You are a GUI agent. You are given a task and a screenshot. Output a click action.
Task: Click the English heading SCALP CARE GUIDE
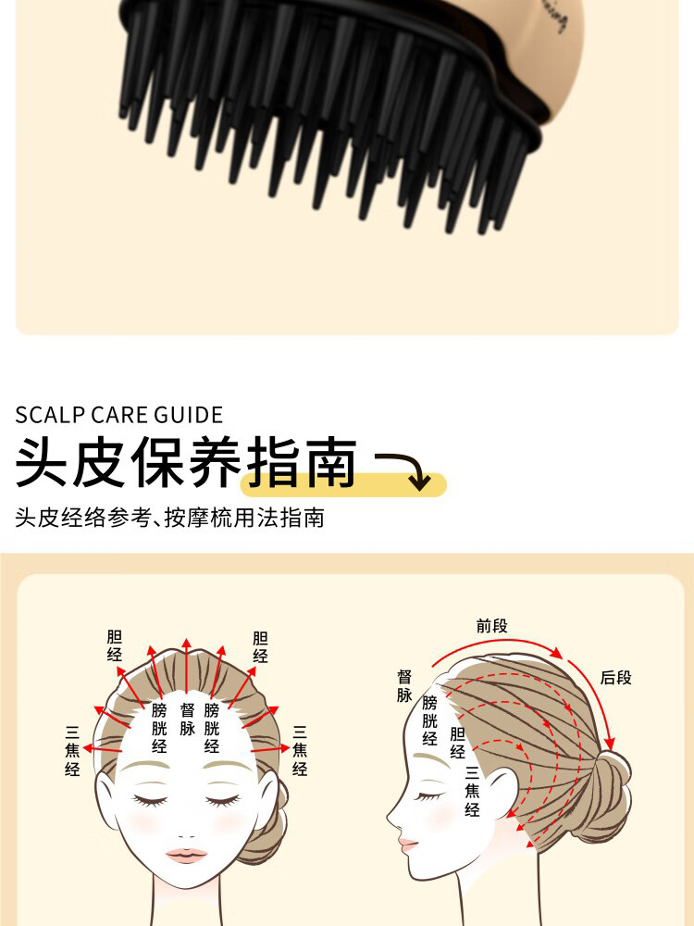[x=119, y=414]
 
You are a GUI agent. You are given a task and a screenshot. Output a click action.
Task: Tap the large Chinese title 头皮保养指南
[x=186, y=463]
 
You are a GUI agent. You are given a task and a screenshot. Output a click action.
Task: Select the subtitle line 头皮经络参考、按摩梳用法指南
[x=169, y=518]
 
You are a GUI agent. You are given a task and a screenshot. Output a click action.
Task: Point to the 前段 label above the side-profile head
[x=492, y=626]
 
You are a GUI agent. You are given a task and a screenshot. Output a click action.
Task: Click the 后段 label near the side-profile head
[x=615, y=678]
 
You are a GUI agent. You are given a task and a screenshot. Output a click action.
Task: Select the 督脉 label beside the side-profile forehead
[x=404, y=686]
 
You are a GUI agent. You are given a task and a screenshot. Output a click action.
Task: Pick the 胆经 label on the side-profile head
[x=457, y=743]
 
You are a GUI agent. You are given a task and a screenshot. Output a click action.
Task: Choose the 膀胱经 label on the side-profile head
[x=429, y=720]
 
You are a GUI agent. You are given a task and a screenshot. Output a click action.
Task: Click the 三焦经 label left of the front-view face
[x=73, y=749]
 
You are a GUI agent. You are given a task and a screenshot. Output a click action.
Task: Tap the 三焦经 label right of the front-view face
[x=300, y=749]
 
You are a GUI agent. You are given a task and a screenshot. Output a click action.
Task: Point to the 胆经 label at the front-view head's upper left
[x=115, y=646]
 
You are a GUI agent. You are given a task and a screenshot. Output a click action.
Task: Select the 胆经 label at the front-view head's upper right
[x=260, y=646]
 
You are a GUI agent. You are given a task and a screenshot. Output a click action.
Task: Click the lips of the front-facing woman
[x=187, y=854]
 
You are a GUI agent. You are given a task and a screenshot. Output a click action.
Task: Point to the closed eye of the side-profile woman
[x=428, y=795]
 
